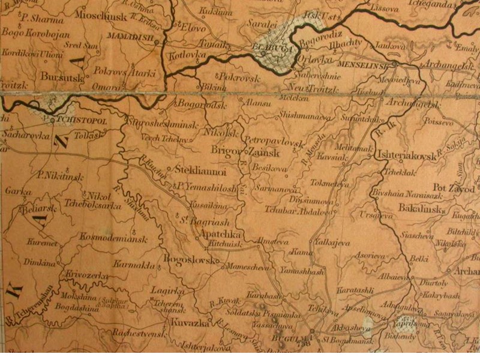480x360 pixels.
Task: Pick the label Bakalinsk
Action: pos(420,209)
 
